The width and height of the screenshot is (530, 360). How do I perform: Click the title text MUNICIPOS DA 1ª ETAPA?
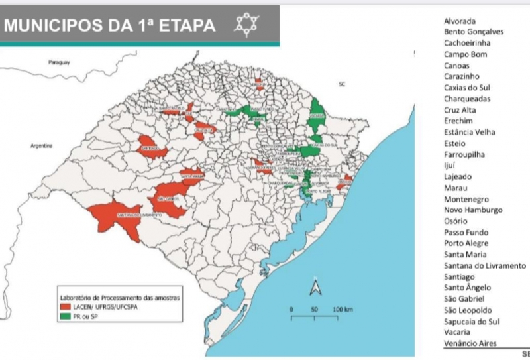[x=110, y=26]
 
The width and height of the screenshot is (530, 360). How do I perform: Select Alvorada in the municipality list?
[x=459, y=21]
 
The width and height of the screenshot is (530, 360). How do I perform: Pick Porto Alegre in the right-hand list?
[x=466, y=243]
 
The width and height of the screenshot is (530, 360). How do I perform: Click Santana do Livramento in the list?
[x=484, y=266]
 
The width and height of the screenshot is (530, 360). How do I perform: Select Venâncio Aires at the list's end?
[x=470, y=343]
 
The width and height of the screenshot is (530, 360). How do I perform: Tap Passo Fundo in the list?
[x=466, y=232]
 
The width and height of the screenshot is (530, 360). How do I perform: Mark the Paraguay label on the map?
[x=59, y=62]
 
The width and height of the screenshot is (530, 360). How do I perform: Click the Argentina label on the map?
[x=41, y=145]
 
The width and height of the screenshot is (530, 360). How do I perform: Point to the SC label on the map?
[x=342, y=85]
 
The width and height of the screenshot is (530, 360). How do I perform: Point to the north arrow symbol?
[x=316, y=287]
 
